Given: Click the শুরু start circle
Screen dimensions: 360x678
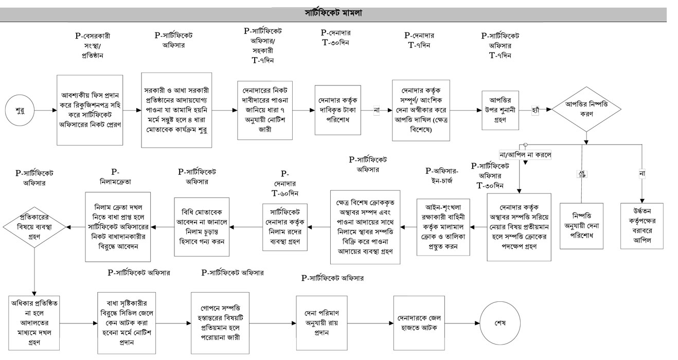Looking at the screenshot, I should click(21, 110).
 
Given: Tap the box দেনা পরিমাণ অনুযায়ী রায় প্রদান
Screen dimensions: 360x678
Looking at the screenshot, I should click(322, 323).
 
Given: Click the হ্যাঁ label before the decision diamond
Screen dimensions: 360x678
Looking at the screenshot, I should click(536, 111).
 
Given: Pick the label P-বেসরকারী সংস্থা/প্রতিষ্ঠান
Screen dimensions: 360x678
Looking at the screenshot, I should click(93, 46).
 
